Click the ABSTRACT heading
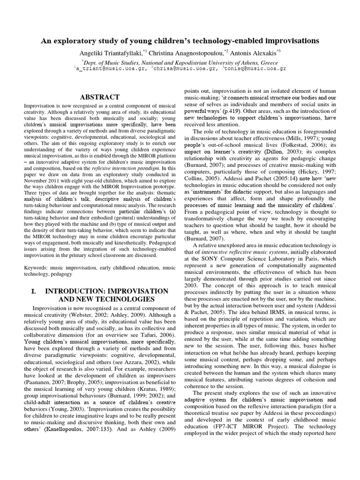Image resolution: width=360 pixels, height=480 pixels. (100, 97)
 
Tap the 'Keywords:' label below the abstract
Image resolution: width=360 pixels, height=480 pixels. (37, 267)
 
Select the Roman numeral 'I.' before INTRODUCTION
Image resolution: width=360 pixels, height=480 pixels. (34, 291)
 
